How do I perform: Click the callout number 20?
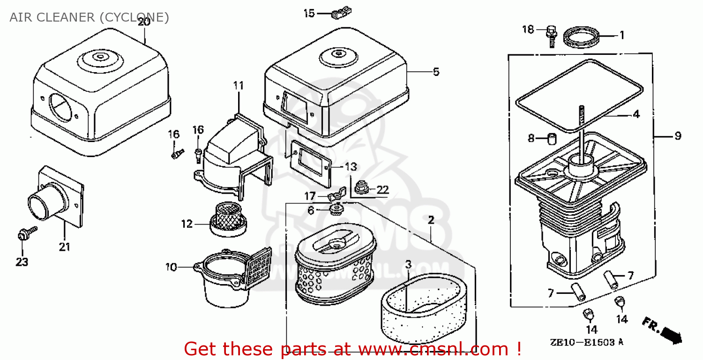click(144, 21)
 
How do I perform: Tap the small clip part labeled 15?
click(341, 13)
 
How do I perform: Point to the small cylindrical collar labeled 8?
click(552, 139)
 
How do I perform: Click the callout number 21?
click(64, 247)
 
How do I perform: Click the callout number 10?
click(171, 267)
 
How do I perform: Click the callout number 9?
click(678, 136)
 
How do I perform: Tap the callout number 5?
click(436, 72)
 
